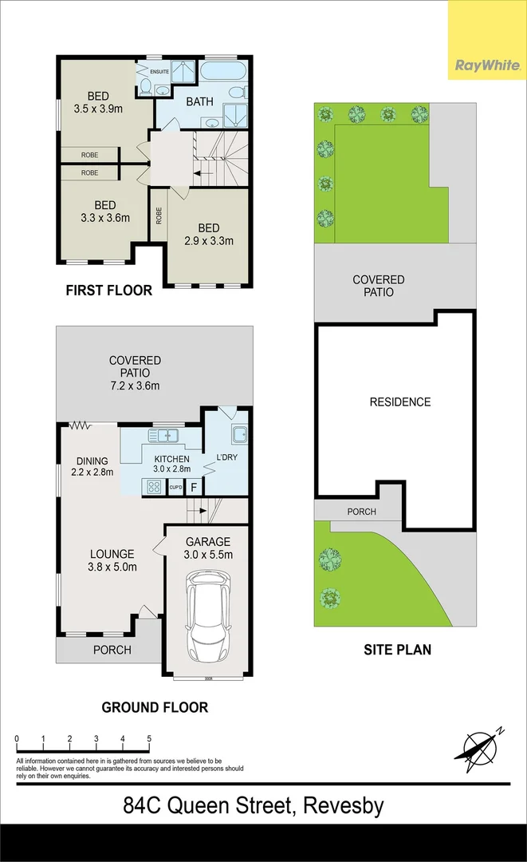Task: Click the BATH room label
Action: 199,102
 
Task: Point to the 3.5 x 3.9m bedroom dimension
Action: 97,109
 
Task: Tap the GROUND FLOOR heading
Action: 155,707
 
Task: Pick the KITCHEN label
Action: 171,459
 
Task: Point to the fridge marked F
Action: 194,487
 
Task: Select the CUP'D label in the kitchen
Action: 175,488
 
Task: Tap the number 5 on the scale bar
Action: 149,739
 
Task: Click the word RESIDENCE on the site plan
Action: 399,402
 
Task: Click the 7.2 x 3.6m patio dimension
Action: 135,386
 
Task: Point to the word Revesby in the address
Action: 340,806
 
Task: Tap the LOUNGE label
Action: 112,554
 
